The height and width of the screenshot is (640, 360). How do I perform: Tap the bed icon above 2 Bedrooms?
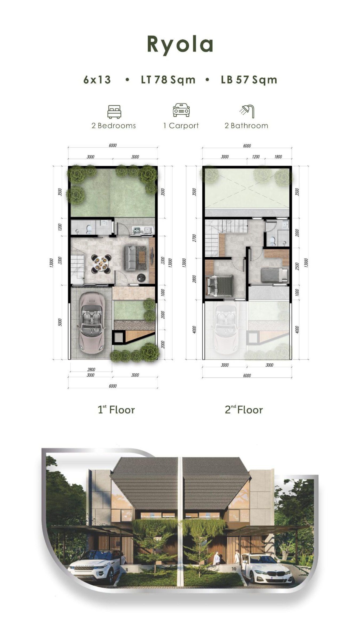tap(114, 111)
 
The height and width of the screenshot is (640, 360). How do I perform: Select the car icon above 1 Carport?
tap(181, 110)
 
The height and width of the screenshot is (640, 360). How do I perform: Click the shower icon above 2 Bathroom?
tap(247, 111)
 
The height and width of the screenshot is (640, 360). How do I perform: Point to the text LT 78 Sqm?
tap(168, 80)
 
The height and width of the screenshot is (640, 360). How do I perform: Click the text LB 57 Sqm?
tap(249, 80)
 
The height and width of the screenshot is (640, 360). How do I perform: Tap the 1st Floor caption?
tap(116, 409)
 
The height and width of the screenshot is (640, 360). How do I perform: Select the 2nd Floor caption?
tap(244, 409)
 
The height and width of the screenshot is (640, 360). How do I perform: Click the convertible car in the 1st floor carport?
tap(91, 323)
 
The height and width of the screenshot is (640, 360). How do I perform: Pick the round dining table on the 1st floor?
tap(101, 264)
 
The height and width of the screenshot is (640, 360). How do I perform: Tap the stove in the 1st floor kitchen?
tap(137, 230)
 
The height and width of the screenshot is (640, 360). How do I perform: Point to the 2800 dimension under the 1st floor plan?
tap(91, 369)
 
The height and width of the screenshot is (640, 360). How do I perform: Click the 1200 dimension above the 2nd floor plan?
tap(256, 157)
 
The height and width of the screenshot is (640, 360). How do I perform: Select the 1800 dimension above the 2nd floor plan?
tap(278, 157)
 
